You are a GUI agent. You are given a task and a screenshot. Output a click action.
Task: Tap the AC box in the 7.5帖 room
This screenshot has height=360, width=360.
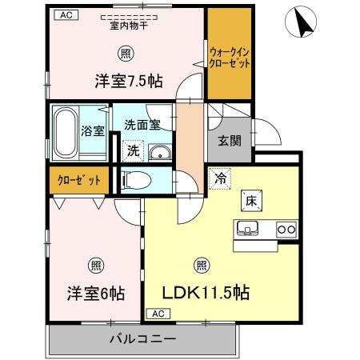pos(65,14)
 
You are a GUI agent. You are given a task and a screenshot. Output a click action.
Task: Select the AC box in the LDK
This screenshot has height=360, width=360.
pos(157,313)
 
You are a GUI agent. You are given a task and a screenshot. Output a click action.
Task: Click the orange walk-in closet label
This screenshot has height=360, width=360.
pos(229,57)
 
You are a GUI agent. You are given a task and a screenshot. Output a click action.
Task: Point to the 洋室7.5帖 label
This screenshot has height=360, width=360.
pos(129,80)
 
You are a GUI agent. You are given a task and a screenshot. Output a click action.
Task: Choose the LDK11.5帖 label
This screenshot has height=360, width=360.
pos(207,292)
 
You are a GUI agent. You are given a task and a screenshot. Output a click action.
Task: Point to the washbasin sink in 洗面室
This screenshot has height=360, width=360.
pos(160,153)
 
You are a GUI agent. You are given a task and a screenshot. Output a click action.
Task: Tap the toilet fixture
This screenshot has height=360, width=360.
pos(136,180)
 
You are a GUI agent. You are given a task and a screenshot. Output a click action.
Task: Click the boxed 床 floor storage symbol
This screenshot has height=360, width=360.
pos(250,200)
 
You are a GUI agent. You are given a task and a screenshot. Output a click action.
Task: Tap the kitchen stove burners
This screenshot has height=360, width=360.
pos(286,229)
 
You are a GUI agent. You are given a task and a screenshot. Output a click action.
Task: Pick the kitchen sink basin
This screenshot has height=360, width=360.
pos(247,230)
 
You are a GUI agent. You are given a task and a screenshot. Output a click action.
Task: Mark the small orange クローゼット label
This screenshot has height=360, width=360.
pos(78,180)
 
